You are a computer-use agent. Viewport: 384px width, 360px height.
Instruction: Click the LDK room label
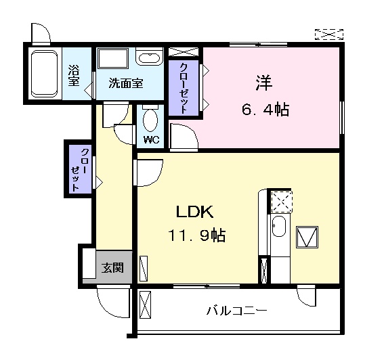point(195,212)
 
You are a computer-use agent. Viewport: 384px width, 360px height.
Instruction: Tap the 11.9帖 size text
point(198,236)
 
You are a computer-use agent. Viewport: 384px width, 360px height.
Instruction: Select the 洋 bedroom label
point(263,83)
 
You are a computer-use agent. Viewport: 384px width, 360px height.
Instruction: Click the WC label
point(151,141)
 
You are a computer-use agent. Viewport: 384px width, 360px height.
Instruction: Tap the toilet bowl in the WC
point(151,121)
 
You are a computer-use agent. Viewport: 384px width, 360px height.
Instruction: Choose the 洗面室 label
point(126,85)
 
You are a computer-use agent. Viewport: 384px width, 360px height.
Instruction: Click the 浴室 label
point(74,74)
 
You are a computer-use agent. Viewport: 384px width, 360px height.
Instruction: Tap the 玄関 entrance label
point(112,268)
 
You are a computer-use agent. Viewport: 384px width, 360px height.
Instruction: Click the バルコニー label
point(236,311)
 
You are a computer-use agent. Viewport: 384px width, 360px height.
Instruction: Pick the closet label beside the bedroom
point(184,88)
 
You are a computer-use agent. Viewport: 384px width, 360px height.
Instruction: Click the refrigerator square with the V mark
point(307,238)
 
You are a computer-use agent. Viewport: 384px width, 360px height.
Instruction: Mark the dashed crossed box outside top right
point(329,34)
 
